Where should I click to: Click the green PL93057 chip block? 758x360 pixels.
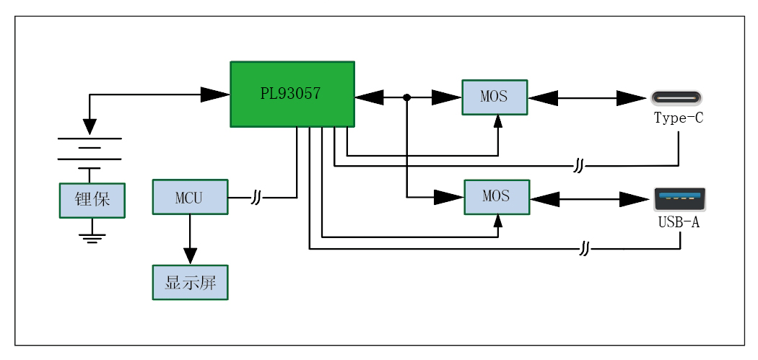click(292, 94)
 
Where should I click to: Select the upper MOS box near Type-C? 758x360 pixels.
click(495, 97)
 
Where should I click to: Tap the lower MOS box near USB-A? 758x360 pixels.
click(496, 197)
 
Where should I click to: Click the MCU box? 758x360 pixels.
click(190, 197)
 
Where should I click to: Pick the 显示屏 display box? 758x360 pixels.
click(190, 282)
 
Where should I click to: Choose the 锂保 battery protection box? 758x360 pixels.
click(92, 200)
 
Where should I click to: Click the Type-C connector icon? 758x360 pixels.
click(676, 97)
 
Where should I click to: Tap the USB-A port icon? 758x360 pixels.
click(679, 198)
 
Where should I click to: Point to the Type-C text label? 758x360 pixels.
click(678, 118)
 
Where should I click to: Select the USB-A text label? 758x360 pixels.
click(679, 222)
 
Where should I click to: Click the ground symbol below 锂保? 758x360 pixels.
click(92, 237)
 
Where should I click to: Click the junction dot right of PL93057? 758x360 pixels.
click(407, 97)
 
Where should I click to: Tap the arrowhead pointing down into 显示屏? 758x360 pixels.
click(190, 256)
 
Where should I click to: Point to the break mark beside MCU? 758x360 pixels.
click(256, 197)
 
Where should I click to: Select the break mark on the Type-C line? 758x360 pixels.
click(578, 167)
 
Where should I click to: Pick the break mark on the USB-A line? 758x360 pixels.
click(585, 250)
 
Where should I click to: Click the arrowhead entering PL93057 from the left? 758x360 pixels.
click(215, 94)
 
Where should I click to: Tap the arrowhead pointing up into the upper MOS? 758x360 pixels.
click(497, 121)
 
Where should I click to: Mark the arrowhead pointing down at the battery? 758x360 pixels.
click(90, 126)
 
